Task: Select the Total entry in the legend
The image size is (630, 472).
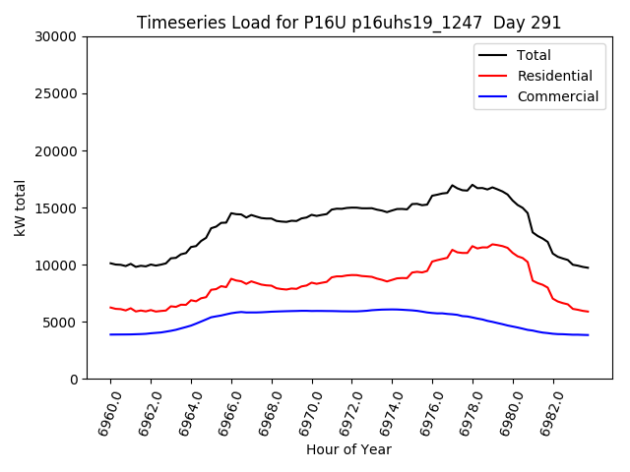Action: [x=534, y=55]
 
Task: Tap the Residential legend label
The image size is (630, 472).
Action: [x=554, y=76]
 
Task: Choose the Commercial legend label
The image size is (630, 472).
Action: [x=557, y=96]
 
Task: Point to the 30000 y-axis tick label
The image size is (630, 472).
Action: [x=56, y=37]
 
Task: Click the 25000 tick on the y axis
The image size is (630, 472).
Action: [x=56, y=94]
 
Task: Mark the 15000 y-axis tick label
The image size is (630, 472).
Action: [x=56, y=208]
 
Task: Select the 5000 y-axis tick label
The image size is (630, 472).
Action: [x=60, y=323]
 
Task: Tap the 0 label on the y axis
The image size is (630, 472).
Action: [x=74, y=380]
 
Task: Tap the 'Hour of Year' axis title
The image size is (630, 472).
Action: [x=348, y=450]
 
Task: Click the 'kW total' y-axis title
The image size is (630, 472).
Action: [x=21, y=207]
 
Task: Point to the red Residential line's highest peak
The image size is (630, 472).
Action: [x=493, y=244]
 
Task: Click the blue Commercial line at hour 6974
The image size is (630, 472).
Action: [x=392, y=309]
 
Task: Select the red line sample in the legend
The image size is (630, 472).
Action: [x=496, y=76]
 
